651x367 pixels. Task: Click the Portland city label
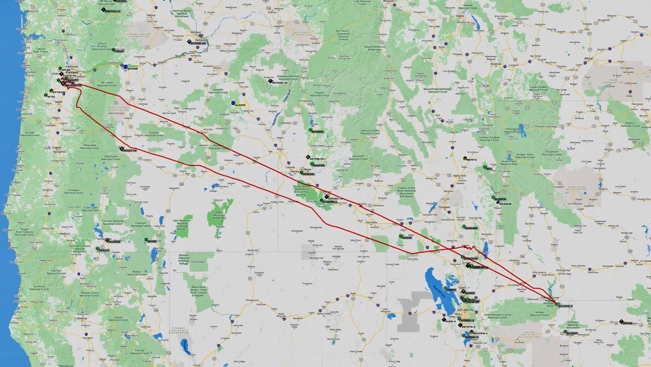click(72, 73)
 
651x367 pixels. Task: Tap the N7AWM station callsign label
click(133, 68)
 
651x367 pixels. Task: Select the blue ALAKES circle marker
click(233, 104)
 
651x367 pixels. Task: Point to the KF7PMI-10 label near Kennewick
click(198, 43)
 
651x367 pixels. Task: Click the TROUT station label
click(120, 51)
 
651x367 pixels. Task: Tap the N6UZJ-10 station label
click(130, 150)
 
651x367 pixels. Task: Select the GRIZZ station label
click(152, 241)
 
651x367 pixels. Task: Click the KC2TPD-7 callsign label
click(565, 307)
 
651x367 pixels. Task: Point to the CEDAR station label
click(627, 323)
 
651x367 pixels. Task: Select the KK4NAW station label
click(506, 204)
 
